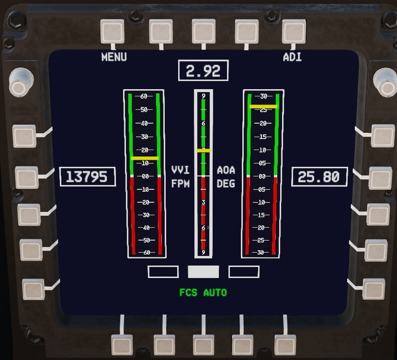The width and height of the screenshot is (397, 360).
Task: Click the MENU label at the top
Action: tap(114, 57)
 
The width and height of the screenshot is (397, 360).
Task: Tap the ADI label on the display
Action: tap(292, 57)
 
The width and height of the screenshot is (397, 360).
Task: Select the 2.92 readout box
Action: tap(203, 71)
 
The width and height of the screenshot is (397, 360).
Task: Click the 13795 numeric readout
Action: tap(87, 177)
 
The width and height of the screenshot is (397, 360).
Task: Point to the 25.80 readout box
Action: tap(319, 177)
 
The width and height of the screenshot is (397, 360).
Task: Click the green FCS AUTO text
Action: tap(203, 292)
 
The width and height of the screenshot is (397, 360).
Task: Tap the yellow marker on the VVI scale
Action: tap(144, 158)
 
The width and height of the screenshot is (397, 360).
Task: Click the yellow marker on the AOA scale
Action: tap(263, 107)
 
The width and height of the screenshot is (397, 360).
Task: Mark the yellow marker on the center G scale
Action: tap(203, 151)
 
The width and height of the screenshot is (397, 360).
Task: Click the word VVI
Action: tap(180, 170)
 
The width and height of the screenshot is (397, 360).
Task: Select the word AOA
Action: tap(226, 170)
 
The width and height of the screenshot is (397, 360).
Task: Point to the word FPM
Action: tap(180, 184)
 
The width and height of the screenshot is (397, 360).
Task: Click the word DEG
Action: tap(226, 184)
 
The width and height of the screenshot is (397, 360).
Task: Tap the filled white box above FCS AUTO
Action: tap(203, 272)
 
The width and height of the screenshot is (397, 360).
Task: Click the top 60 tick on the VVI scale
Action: tap(144, 96)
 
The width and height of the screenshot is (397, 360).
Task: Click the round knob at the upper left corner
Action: tap(20, 81)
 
